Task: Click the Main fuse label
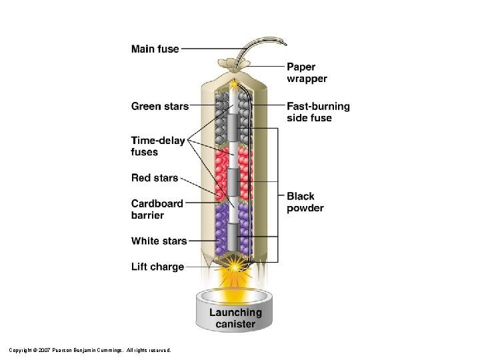coord(155,49)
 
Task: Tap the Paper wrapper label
coord(307,73)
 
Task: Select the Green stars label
coord(159,106)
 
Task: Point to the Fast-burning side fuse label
coord(318,112)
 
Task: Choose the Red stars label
coord(155,178)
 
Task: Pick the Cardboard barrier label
coord(157,209)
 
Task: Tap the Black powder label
coord(305,202)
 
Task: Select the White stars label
coord(159,241)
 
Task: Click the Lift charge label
coord(157,267)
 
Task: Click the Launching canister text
coord(235,318)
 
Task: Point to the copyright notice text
coord(90,349)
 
